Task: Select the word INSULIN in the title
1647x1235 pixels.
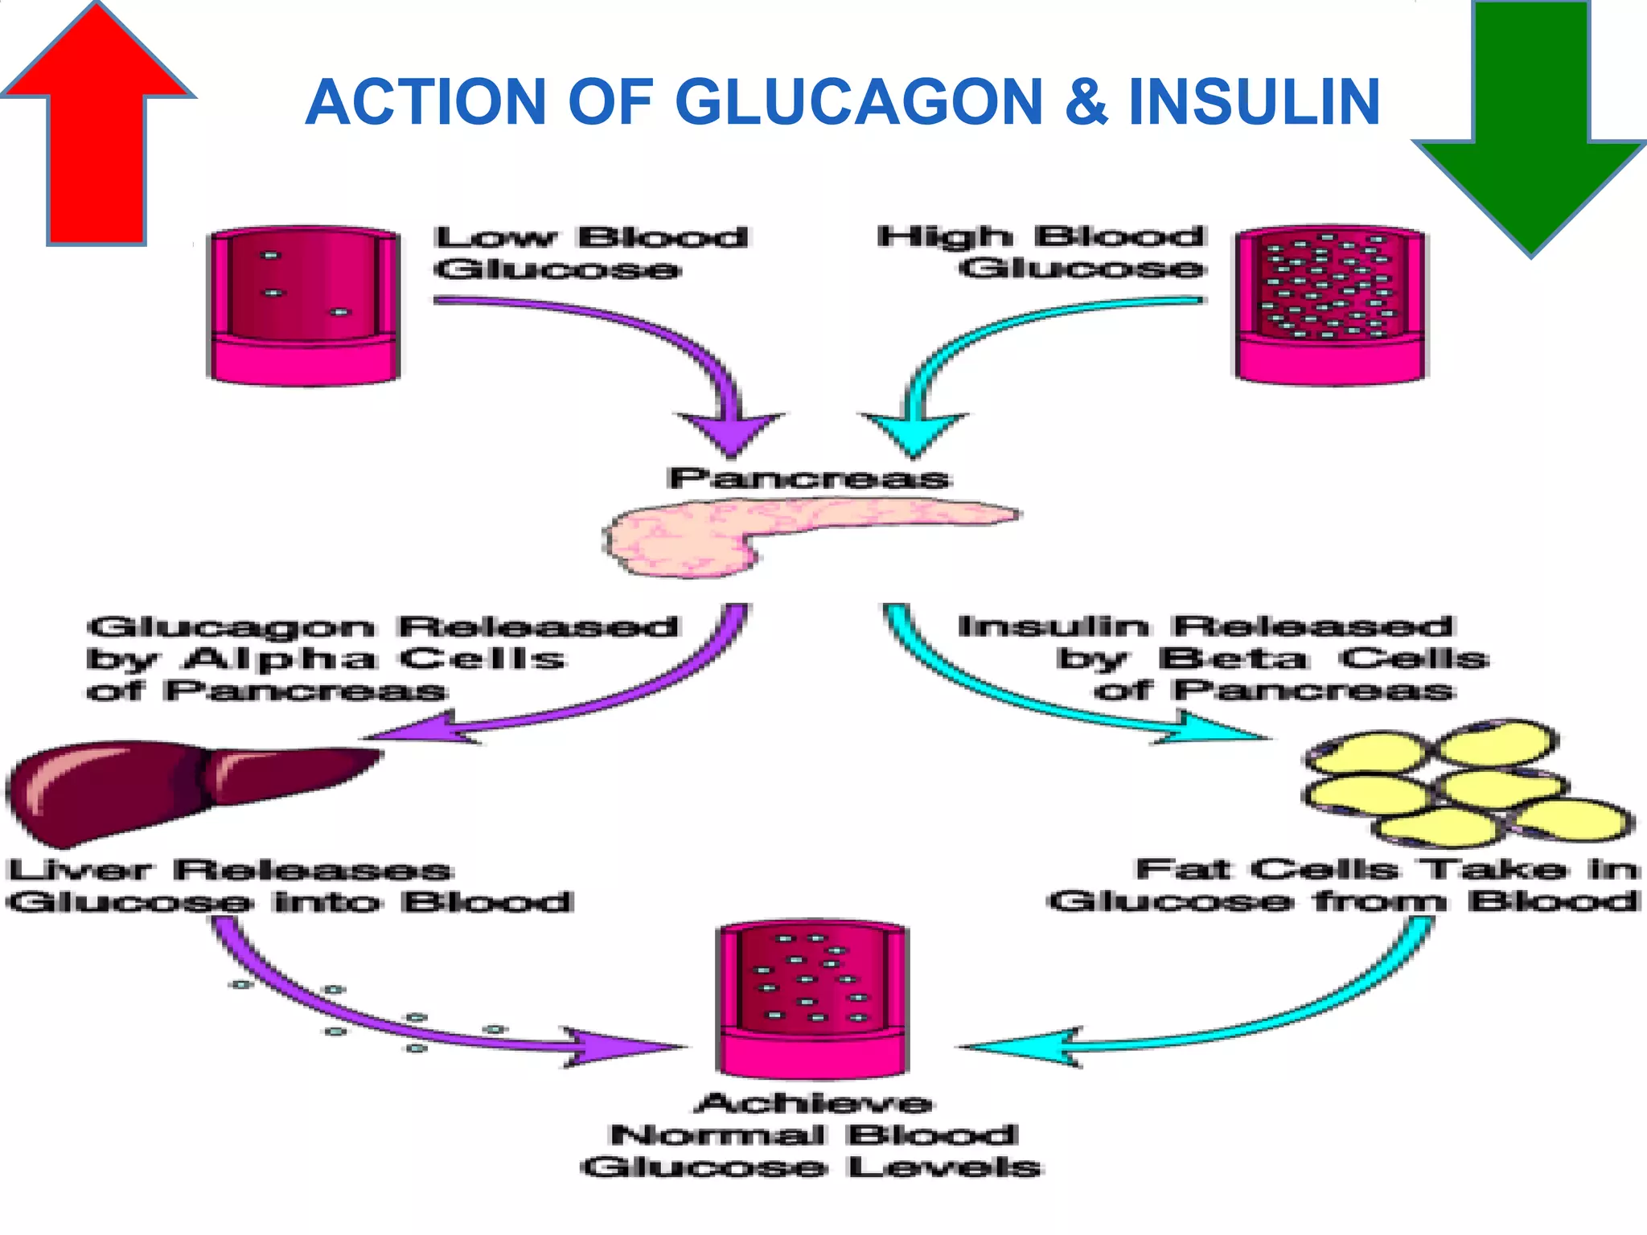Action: pyautogui.click(x=1254, y=102)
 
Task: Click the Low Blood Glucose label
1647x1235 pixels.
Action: pyautogui.click(x=591, y=252)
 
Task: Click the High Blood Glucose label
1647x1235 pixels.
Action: pyautogui.click(x=1041, y=252)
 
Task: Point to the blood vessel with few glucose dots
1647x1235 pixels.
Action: pyautogui.click(x=304, y=306)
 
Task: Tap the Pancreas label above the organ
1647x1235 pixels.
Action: pyautogui.click(x=808, y=478)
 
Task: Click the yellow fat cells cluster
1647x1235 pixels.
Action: pyautogui.click(x=1464, y=784)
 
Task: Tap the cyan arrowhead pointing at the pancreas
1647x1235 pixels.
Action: pyautogui.click(x=914, y=434)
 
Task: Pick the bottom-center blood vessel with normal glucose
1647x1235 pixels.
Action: pyautogui.click(x=812, y=1001)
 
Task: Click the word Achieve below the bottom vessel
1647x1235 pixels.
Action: pyautogui.click(x=814, y=1103)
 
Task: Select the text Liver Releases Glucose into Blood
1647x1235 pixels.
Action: pyautogui.click(x=290, y=886)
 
